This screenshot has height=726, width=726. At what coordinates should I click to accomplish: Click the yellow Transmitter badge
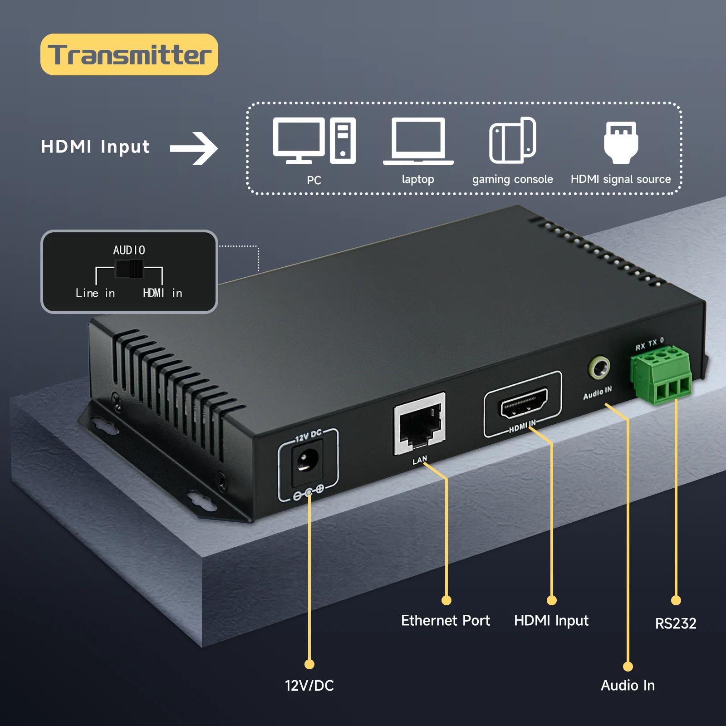coord(129,54)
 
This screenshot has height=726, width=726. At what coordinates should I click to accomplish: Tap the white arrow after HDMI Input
coord(194,148)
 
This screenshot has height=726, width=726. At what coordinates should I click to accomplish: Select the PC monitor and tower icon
coord(314,141)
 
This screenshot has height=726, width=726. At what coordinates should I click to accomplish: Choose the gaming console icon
coord(513,140)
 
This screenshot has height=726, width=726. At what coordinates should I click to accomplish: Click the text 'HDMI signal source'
coord(620,179)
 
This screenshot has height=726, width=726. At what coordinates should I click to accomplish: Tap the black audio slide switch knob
coord(129,269)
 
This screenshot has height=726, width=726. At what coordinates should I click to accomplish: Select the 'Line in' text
coord(95,293)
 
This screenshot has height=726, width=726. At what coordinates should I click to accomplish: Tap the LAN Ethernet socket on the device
coord(419,425)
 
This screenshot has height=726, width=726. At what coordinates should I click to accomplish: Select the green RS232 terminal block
coord(662,375)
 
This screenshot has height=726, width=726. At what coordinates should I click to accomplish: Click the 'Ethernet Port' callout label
coord(446,620)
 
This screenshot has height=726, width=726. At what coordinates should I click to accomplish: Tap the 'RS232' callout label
coord(676,623)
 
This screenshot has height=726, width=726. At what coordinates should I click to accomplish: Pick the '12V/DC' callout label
coord(309,685)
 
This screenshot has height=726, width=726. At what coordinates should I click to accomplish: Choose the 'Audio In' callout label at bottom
coord(628,685)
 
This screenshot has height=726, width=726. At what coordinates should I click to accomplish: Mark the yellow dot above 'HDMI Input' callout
coord(552,600)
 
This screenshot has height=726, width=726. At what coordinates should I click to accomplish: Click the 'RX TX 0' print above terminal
coord(650,344)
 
